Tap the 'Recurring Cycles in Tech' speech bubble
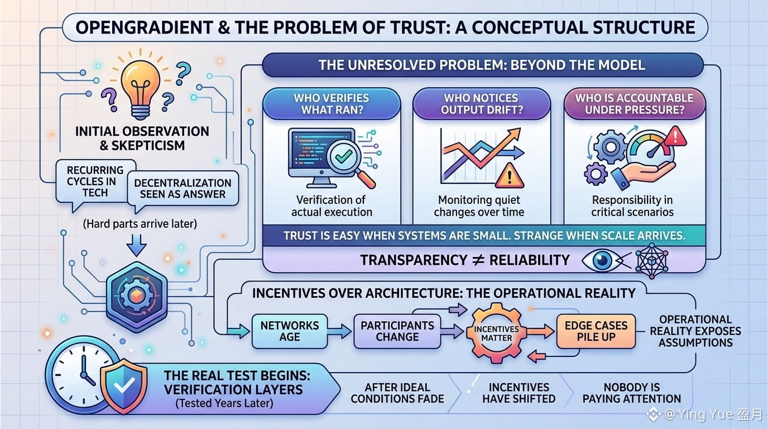tap(95, 182)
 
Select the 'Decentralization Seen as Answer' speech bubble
tap(183, 189)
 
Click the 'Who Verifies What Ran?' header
tap(331, 104)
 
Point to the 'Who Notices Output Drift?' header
tap(481, 104)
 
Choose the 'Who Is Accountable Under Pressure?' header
tap(634, 104)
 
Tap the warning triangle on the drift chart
tap(510, 176)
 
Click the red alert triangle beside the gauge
tap(675, 137)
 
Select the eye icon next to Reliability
tap(602, 260)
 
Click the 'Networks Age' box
tap(290, 331)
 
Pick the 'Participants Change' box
tap(397, 331)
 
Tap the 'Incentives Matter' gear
tap(496, 333)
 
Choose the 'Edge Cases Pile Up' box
tap(596, 331)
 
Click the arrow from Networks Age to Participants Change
tap(339, 331)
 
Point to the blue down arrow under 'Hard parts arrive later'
tap(136, 245)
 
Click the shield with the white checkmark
tap(124, 386)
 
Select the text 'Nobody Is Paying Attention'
tap(632, 393)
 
